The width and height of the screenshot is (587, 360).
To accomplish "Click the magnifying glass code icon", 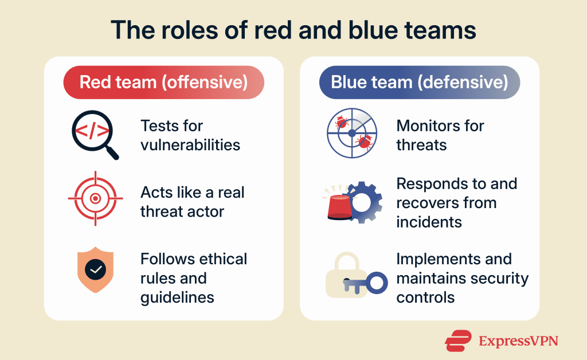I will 92,132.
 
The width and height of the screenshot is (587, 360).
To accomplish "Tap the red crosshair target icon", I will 95,199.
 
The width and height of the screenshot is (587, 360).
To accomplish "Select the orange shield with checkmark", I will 95,269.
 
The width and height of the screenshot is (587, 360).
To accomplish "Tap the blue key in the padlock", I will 367,282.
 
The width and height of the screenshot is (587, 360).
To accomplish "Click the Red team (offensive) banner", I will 163,81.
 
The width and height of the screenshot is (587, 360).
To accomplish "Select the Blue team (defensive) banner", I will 419,81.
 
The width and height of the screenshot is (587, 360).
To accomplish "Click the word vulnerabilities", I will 190,144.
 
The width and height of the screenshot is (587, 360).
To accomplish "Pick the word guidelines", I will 178,297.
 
